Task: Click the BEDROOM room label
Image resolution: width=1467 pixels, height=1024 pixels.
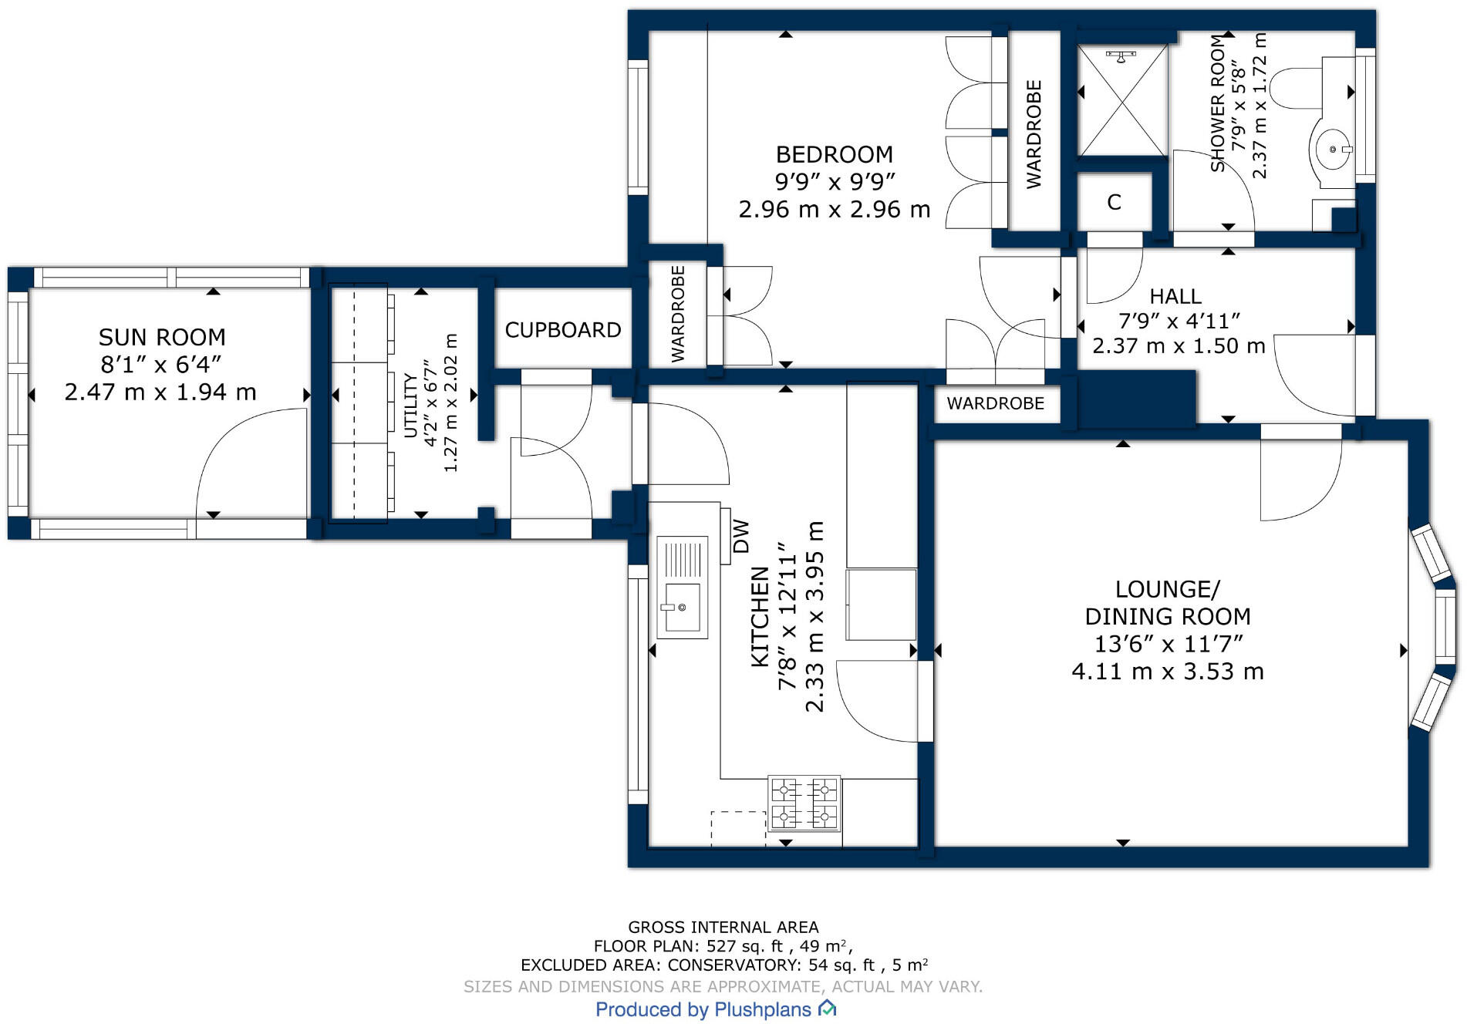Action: (x=834, y=154)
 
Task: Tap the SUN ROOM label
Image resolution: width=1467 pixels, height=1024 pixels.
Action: (x=162, y=337)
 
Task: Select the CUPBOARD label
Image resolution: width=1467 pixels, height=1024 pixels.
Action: (x=563, y=330)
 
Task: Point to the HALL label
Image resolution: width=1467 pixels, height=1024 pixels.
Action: (x=1175, y=296)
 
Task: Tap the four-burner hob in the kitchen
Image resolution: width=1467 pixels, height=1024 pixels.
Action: (x=804, y=803)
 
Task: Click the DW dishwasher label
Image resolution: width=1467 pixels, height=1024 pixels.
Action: (x=740, y=536)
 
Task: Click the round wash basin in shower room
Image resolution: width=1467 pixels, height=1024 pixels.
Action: (x=1330, y=150)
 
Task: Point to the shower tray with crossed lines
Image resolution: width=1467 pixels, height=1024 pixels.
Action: (x=1122, y=100)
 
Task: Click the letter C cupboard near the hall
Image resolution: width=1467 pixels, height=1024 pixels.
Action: (x=1114, y=202)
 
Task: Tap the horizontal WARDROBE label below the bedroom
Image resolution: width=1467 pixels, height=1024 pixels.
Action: (x=996, y=403)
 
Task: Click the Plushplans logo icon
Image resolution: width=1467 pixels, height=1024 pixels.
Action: (x=827, y=1008)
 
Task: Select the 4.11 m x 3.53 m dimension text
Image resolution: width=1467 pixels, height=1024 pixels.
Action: (x=1168, y=672)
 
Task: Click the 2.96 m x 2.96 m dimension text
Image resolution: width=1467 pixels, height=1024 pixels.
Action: (x=835, y=210)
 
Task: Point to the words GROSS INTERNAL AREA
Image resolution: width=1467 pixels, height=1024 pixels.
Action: (x=723, y=927)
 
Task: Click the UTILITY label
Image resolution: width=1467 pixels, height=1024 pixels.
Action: (x=411, y=406)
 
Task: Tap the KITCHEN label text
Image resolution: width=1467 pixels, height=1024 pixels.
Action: (x=760, y=617)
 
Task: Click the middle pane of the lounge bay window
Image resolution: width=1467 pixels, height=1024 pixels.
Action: (x=1444, y=626)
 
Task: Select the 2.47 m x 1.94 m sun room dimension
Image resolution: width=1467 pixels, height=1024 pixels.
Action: (x=160, y=392)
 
